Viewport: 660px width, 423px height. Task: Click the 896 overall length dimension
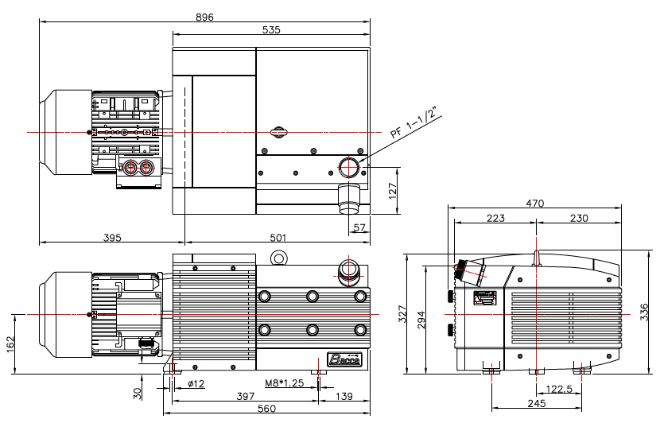pyautogui.click(x=204, y=17)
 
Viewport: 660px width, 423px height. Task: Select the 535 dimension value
pyautogui.click(x=271, y=30)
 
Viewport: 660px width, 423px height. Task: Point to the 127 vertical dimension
pyautogui.click(x=392, y=191)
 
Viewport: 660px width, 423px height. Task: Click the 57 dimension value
pyautogui.click(x=359, y=227)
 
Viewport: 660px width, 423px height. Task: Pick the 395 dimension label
pyautogui.click(x=112, y=238)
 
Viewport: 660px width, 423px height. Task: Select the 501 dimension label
pyautogui.click(x=278, y=238)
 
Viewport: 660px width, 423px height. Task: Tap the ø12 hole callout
pyautogui.click(x=196, y=383)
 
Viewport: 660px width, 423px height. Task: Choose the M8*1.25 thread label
pyautogui.click(x=284, y=383)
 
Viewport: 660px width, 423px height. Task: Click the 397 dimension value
pyautogui.click(x=246, y=396)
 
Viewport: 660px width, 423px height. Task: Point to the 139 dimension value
pyautogui.click(x=344, y=396)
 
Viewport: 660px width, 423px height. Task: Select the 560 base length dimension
pyautogui.click(x=266, y=409)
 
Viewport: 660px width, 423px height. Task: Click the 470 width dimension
pyautogui.click(x=534, y=204)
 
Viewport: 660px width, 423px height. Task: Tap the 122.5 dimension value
pyautogui.click(x=559, y=389)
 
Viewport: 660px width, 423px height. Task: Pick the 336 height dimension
pyautogui.click(x=644, y=312)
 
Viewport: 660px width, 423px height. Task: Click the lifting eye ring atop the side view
pyautogui.click(x=278, y=257)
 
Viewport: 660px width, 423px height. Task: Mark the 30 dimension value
pyautogui.click(x=138, y=394)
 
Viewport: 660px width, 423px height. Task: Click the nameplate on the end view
pyautogui.click(x=485, y=298)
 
